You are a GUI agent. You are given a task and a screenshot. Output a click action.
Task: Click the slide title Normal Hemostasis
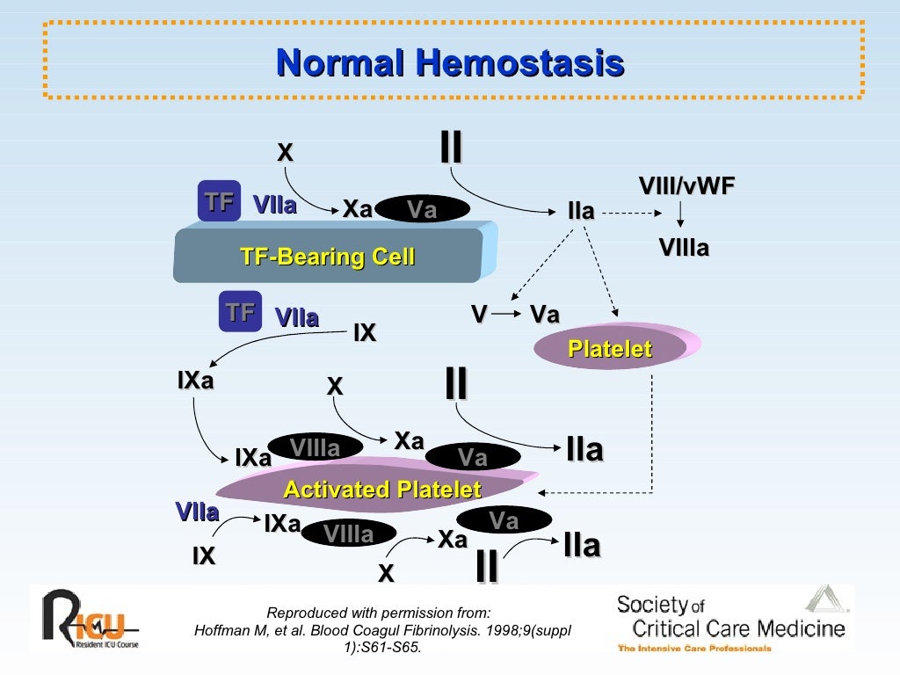450,64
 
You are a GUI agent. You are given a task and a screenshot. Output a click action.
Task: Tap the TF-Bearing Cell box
327,257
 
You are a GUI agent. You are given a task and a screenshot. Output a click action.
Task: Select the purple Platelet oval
610,349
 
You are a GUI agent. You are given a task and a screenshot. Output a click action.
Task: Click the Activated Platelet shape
382,490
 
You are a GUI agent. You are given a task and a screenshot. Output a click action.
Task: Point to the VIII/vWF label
686,185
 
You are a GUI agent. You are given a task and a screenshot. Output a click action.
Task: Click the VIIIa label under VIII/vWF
684,249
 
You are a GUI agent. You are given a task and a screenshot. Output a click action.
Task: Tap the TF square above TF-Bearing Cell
219,202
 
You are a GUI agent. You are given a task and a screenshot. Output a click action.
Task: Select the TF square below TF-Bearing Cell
240,312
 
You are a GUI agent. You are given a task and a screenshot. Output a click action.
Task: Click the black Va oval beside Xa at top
423,209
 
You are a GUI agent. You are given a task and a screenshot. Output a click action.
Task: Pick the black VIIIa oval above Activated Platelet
315,448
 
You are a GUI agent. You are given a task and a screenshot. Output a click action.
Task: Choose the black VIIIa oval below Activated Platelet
348,533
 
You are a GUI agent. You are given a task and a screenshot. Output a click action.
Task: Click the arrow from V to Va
506,315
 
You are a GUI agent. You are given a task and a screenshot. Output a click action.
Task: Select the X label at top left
285,153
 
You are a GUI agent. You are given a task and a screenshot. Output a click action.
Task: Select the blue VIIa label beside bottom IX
197,512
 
